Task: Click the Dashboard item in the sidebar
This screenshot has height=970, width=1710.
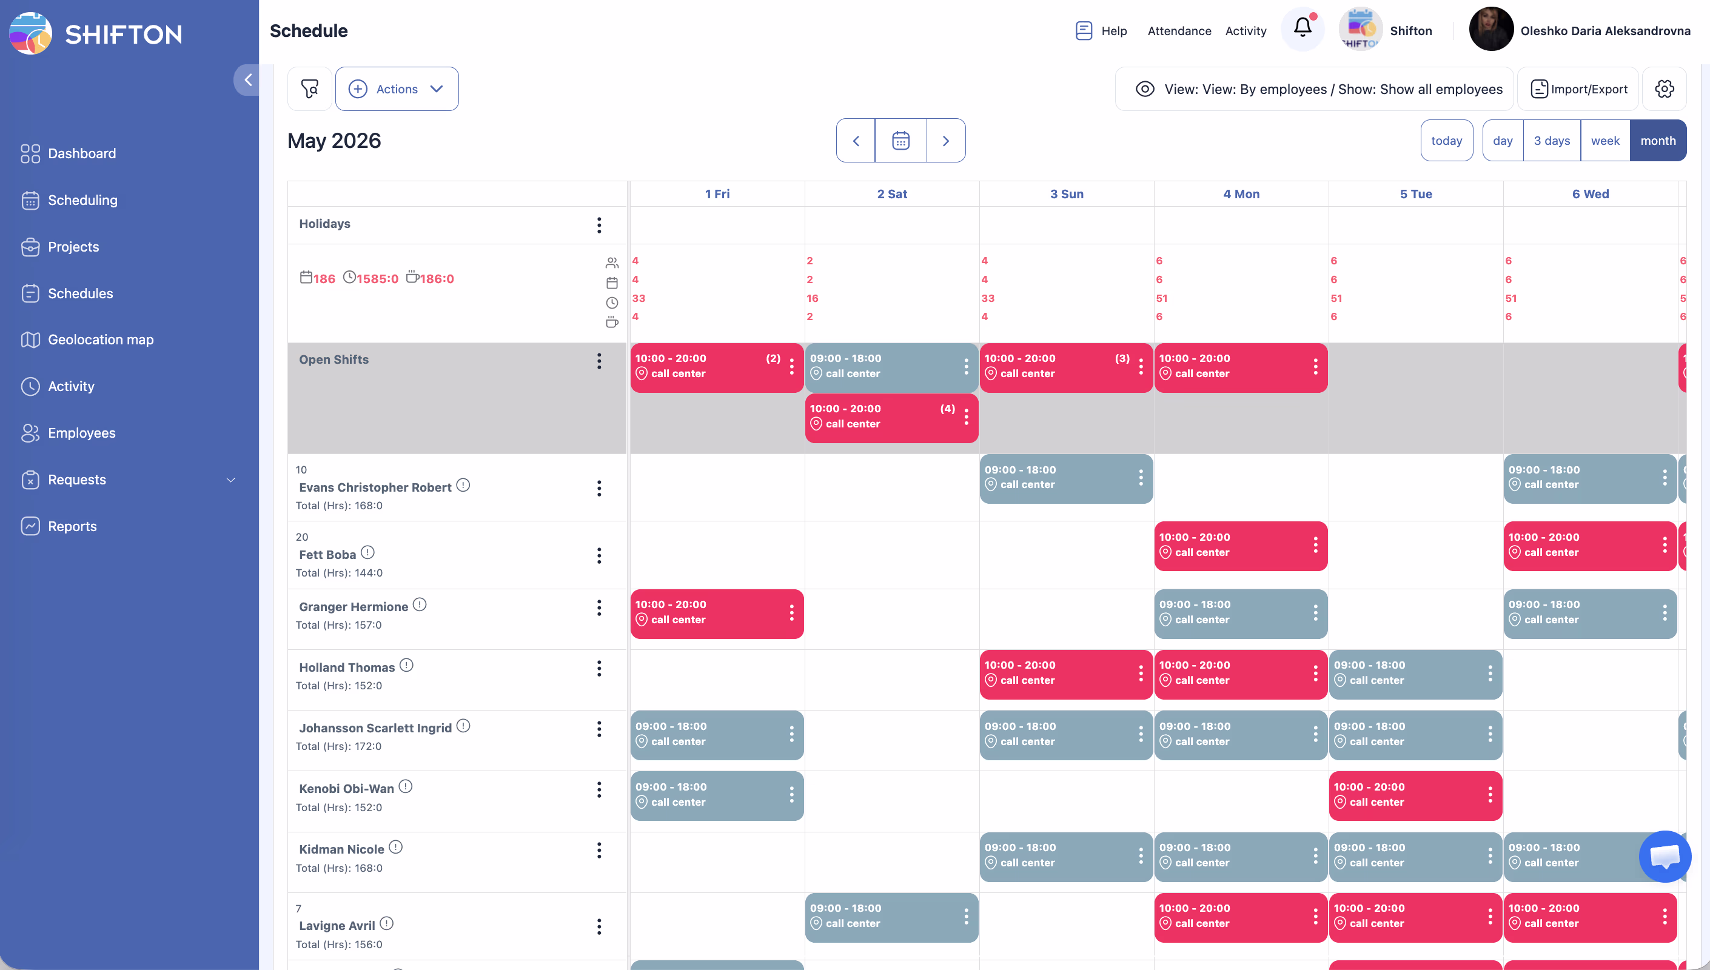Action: coord(81,153)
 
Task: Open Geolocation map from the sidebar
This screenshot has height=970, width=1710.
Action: coord(100,339)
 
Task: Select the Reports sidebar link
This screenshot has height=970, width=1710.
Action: coord(72,526)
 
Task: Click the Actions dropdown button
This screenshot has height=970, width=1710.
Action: coord(397,89)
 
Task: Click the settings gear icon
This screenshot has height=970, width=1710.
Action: coord(1664,89)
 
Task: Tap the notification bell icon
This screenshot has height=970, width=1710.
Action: coord(1303,28)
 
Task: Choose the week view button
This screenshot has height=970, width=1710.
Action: coord(1604,141)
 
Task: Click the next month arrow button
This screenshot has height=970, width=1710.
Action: coord(945,141)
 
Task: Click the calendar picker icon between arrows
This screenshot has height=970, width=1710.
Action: coord(900,141)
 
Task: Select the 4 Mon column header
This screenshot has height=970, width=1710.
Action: coord(1241,194)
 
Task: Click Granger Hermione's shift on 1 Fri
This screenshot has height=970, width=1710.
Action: coord(709,612)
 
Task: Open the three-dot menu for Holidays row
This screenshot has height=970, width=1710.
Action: coord(599,225)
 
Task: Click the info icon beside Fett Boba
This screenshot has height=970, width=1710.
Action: coord(367,552)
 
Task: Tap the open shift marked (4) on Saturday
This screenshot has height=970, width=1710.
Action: coord(883,417)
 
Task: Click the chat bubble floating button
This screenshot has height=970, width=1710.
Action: coord(1664,856)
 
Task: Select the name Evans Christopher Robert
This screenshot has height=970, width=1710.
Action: coord(375,487)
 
